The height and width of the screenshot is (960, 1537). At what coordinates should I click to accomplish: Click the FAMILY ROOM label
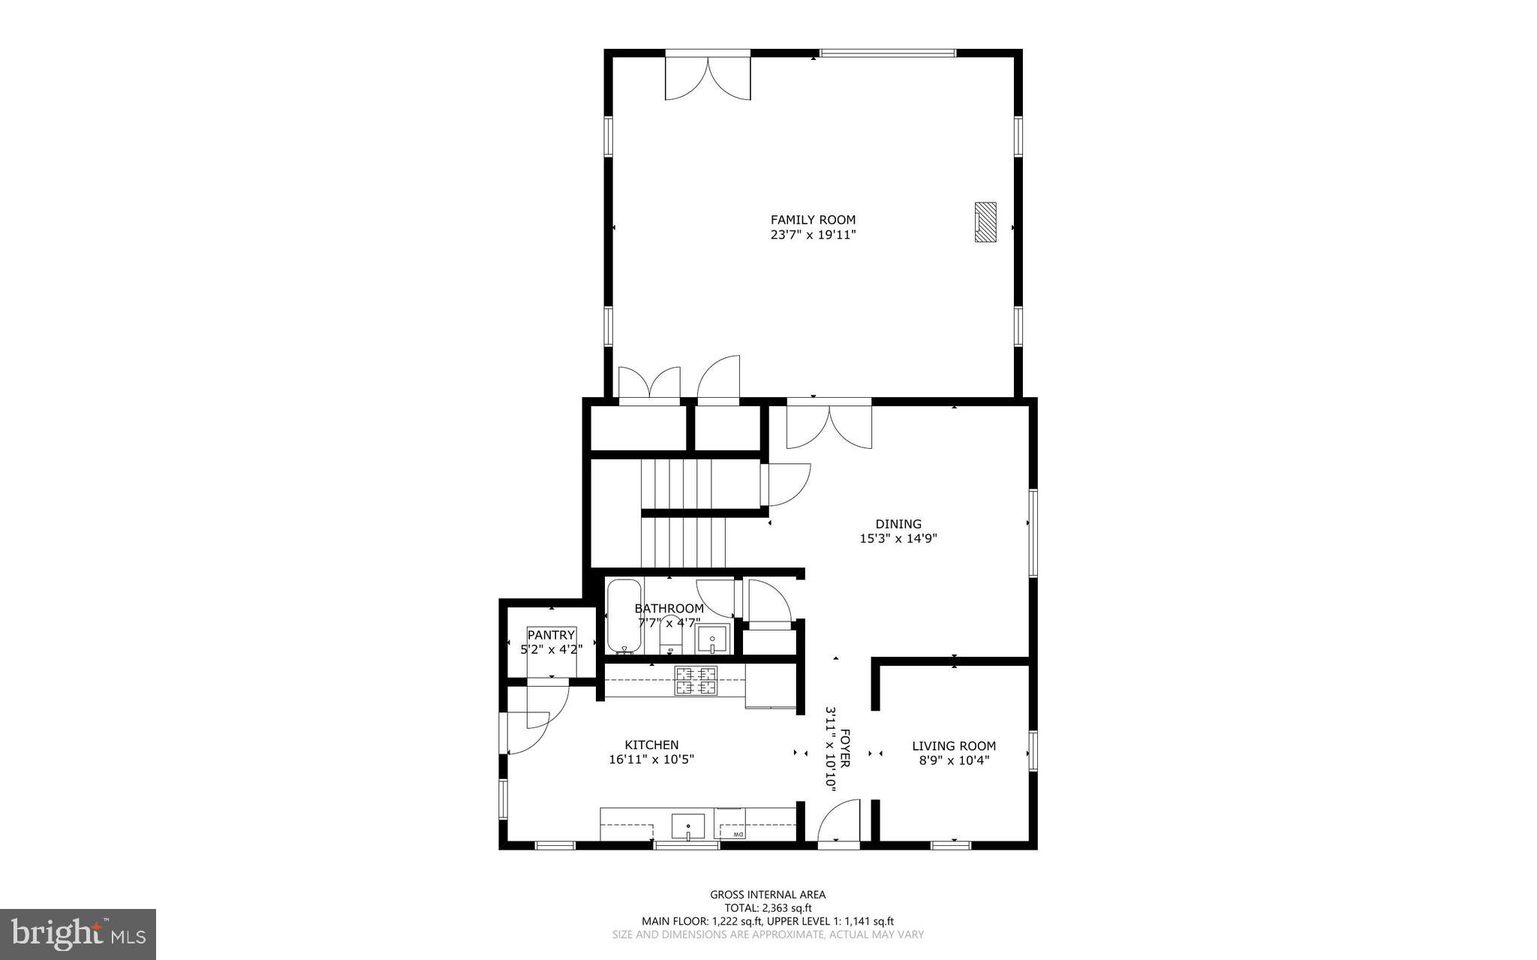tap(813, 220)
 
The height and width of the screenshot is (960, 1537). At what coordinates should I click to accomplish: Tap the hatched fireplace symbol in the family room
tap(985, 222)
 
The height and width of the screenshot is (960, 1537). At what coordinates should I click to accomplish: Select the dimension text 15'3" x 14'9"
tap(898, 538)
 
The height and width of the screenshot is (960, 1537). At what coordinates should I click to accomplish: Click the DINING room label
tap(898, 524)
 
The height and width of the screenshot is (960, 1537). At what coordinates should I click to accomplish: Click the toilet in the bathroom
tap(670, 638)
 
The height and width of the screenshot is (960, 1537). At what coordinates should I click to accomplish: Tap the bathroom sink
tap(711, 639)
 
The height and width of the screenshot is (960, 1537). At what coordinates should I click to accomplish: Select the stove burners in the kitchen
tap(696, 681)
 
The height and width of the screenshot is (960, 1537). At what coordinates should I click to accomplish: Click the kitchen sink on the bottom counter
tap(688, 826)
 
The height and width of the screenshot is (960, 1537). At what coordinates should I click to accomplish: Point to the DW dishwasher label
tap(738, 835)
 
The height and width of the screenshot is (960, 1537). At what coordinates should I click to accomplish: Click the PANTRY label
tap(551, 635)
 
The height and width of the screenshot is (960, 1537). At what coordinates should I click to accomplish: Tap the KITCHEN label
tap(651, 745)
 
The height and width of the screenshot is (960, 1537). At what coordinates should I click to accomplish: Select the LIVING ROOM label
tap(954, 745)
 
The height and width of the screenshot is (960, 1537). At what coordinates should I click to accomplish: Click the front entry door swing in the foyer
tap(838, 823)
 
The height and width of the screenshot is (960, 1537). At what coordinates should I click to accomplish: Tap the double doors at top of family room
tap(707, 77)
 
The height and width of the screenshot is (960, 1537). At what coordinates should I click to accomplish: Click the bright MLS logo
tap(78, 934)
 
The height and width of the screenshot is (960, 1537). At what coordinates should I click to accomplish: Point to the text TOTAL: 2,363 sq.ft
tap(768, 907)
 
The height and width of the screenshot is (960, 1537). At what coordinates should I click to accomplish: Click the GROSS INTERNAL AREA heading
tap(768, 894)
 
